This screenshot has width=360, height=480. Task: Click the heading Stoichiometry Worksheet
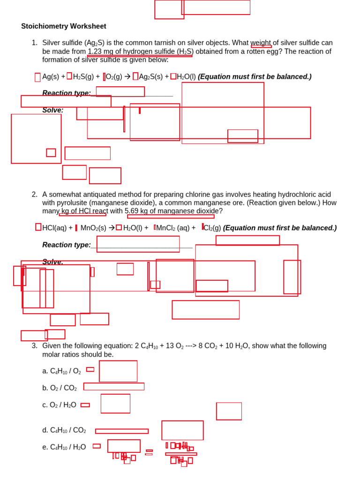(x=64, y=26)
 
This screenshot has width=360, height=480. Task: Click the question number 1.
(x=34, y=43)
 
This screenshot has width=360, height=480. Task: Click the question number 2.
(x=34, y=195)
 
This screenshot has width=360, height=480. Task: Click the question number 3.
(x=34, y=346)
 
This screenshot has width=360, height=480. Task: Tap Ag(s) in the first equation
(x=51, y=77)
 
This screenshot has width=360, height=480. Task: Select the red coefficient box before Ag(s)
(x=37, y=77)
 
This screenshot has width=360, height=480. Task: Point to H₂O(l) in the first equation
(x=186, y=77)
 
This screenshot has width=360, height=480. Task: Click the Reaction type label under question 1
(x=67, y=93)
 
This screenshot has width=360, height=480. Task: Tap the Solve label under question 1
(x=52, y=110)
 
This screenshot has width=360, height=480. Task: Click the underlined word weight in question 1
(x=261, y=43)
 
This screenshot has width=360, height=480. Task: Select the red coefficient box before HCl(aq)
(x=38, y=227)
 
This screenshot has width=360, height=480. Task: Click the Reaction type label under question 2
(x=67, y=245)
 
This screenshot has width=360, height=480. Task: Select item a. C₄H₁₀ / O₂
(x=61, y=371)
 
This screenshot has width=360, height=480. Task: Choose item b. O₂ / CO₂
(x=59, y=388)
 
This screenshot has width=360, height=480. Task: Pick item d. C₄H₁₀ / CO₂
(x=64, y=430)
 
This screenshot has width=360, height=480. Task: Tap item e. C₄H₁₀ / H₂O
(x=64, y=447)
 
